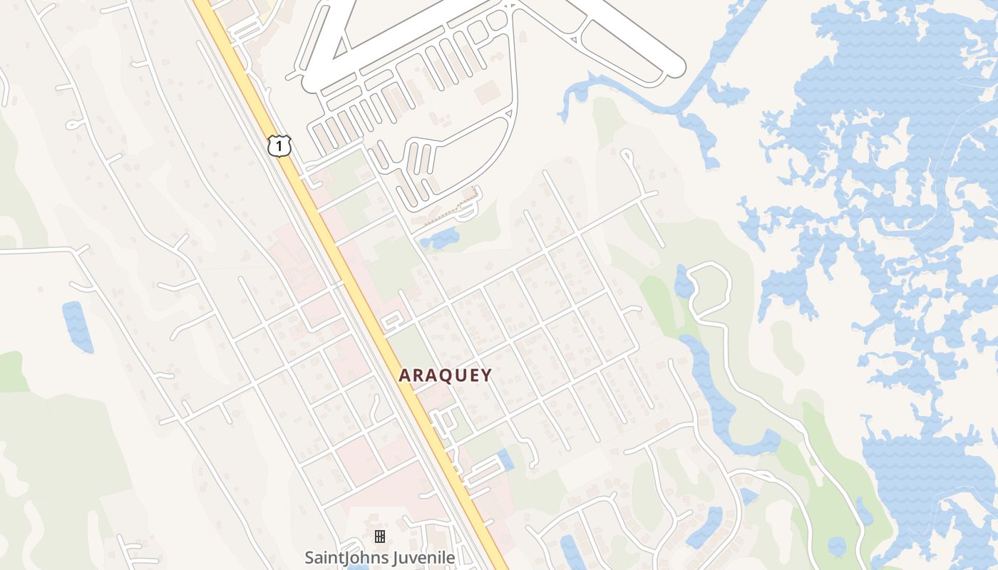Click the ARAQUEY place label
(445, 375)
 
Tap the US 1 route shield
(279, 146)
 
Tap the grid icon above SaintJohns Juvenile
(380, 536)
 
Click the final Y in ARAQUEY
(486, 375)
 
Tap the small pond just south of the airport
(441, 239)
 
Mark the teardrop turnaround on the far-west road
(73, 124)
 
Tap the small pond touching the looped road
(683, 282)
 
